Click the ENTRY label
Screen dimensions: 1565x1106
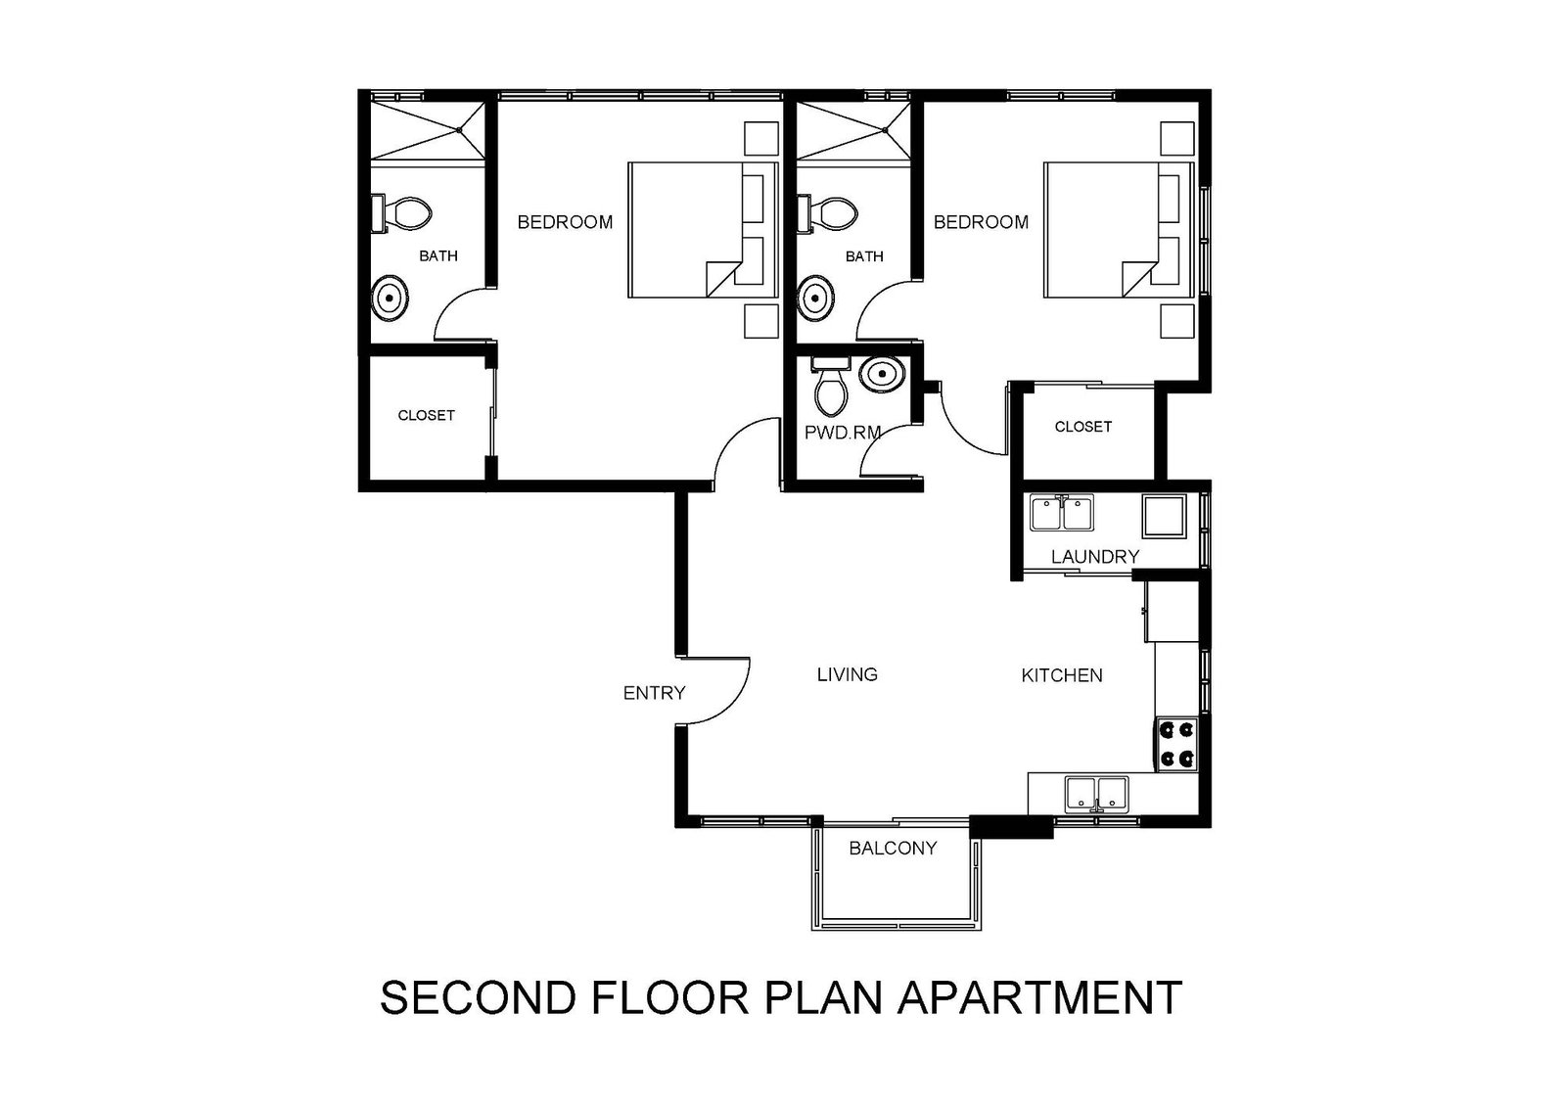coord(654,692)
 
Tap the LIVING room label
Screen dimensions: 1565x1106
coord(847,674)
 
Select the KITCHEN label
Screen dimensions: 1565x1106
coord(1062,675)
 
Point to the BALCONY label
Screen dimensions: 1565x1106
coord(893,848)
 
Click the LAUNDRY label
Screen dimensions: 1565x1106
coord(1095,556)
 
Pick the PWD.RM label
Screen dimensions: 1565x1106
coord(843,433)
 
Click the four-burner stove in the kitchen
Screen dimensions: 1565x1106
coord(1176,744)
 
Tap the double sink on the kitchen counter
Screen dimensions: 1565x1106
coord(1096,795)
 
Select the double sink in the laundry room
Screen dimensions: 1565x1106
coord(1062,512)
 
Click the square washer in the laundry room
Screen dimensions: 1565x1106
coord(1164,516)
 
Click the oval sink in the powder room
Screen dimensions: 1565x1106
coord(882,375)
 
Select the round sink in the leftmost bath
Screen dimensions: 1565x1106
coord(390,299)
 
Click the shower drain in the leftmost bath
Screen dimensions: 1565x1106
coord(459,130)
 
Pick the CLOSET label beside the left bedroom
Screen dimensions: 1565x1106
coord(426,415)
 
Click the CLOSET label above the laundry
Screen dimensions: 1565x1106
coord(1082,426)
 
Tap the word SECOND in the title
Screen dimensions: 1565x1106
coord(478,997)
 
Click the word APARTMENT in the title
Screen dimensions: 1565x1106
coord(1039,997)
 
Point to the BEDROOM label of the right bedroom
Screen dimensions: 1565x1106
coord(981,222)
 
